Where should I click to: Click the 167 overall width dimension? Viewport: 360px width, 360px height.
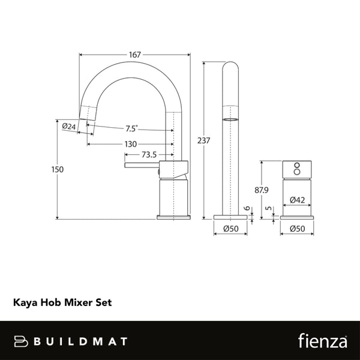pos(134,55)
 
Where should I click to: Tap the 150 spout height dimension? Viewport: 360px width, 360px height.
pos(57,170)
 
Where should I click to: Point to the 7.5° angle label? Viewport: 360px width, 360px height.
pos(131,128)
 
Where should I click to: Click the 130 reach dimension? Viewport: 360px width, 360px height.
pos(131,144)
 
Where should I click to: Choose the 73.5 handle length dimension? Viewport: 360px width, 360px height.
pos(149,154)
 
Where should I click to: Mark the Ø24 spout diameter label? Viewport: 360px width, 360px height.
pos(68,126)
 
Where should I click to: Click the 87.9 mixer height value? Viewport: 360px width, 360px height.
pos(262,190)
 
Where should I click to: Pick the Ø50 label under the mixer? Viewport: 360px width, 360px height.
pos(296,229)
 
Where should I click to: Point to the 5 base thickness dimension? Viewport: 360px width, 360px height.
pos(268,210)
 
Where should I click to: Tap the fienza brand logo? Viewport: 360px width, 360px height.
pos(321,341)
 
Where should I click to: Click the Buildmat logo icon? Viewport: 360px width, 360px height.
pos(21,341)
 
